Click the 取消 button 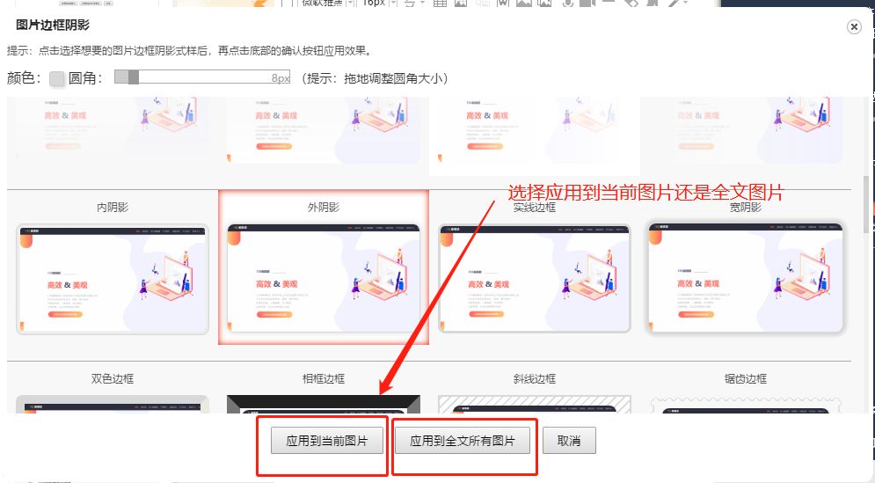coord(569,441)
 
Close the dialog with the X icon coord(853,27)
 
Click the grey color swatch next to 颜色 coord(57,78)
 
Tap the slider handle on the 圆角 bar coord(133,77)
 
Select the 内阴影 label coord(113,208)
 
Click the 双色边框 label coord(113,378)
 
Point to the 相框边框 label coord(324,378)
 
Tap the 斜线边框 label coord(535,378)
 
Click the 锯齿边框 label coord(746,378)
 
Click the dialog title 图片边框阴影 coord(53,26)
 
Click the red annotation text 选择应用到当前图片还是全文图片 coord(645,193)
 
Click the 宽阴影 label coord(746,208)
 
